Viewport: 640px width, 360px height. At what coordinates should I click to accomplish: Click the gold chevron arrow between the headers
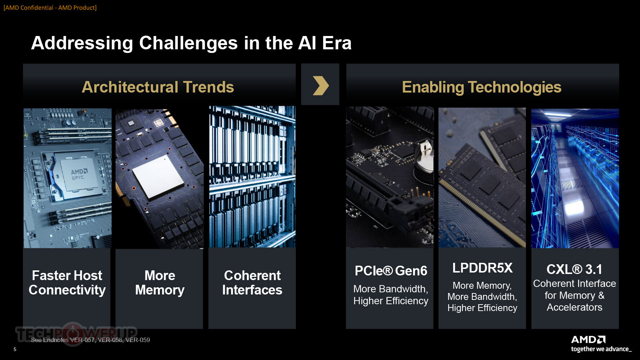[321, 86]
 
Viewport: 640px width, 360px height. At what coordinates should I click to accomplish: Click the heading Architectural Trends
[158, 87]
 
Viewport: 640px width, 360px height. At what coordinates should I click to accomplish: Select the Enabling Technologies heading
[482, 87]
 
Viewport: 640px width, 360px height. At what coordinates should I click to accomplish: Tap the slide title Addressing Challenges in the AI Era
[191, 43]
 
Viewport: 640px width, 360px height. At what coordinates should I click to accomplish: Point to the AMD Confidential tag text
[50, 8]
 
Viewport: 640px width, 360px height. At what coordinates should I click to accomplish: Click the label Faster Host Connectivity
[67, 283]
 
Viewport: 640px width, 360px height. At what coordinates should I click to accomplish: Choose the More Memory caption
[160, 283]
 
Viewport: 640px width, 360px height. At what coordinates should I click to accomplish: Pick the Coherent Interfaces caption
[252, 283]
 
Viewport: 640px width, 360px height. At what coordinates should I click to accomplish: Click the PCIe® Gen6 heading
[391, 271]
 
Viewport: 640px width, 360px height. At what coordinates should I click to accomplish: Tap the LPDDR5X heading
[482, 268]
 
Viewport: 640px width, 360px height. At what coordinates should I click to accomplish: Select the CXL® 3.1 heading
[574, 269]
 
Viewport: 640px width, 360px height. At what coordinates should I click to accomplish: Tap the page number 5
[15, 349]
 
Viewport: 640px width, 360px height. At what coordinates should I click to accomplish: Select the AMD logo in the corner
[588, 339]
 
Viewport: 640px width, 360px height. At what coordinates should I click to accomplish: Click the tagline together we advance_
[601, 349]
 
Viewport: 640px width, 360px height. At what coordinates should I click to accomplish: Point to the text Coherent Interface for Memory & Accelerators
[574, 295]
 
